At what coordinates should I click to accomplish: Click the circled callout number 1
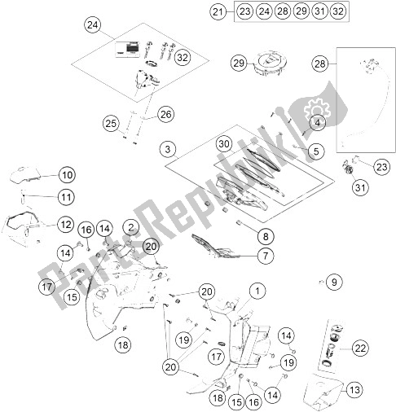257,290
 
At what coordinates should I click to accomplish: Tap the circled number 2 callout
130,227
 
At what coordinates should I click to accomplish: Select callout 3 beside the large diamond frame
168,149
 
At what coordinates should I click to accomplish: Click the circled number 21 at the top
217,12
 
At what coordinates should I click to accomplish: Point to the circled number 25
111,123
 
